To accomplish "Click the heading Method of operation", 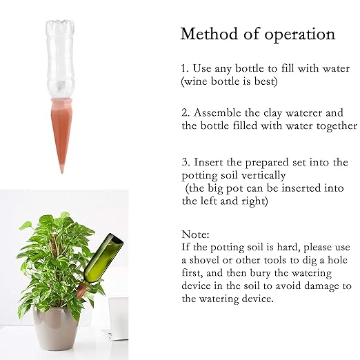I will point(257,34).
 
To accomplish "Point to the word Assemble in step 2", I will point(220,112).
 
